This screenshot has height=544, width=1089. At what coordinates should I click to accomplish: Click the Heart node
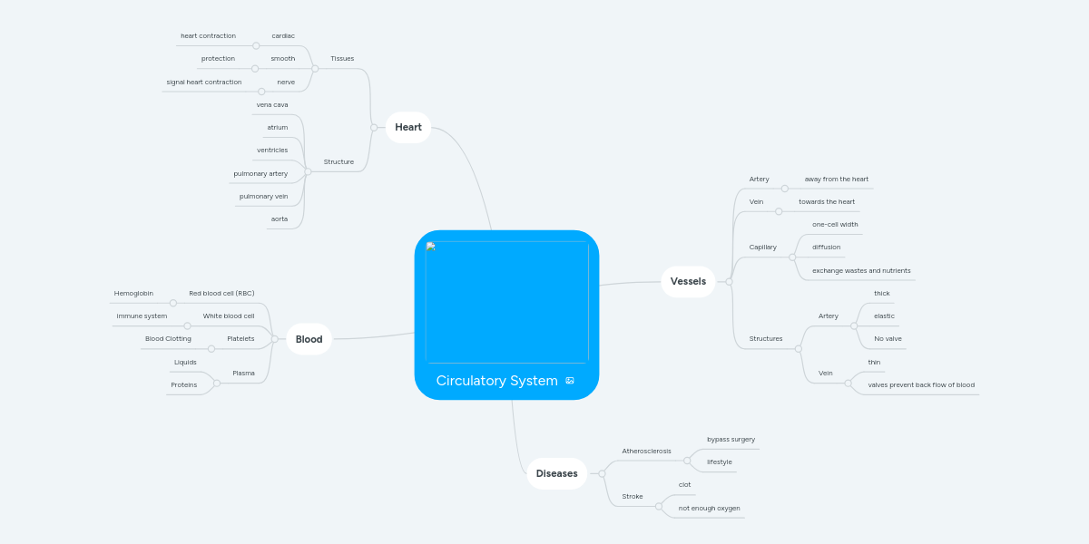pos(408,127)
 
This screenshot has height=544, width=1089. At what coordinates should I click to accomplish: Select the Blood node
pos(309,339)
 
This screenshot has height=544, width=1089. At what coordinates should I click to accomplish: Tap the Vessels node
pos(688,281)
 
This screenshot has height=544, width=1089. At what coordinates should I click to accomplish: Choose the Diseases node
pos(556,473)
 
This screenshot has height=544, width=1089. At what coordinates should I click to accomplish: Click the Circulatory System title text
pos(496,381)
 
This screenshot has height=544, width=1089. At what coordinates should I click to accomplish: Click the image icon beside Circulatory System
pos(570,381)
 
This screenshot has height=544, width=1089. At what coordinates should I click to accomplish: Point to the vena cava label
pos(272,105)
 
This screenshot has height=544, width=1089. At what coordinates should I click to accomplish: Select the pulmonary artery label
pos(260,173)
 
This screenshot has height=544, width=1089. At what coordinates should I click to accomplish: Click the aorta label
pos(280,219)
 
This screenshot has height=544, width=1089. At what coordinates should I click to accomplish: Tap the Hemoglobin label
pos(133,294)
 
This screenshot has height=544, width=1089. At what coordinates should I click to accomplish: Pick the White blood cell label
pos(229,316)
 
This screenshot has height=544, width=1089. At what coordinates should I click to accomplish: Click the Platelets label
pos(240,339)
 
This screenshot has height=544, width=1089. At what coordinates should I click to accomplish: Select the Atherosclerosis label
pos(646,451)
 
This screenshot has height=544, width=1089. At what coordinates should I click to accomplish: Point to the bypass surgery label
pos(731,440)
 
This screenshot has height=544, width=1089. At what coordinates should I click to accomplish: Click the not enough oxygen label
pos(709,508)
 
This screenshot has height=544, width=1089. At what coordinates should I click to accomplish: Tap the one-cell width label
pos(835,224)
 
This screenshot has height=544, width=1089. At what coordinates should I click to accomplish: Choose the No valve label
pos(888,339)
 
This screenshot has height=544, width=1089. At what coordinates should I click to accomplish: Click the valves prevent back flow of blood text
pos(921,385)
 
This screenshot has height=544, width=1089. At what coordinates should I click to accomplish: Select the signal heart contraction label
pos(204,83)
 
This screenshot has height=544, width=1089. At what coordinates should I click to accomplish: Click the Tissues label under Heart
pos(342,59)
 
